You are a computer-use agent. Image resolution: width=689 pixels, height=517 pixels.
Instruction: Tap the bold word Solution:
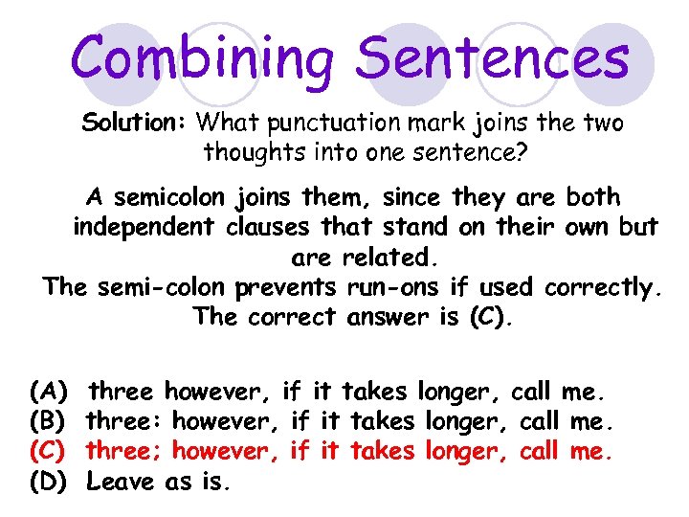coord(134,124)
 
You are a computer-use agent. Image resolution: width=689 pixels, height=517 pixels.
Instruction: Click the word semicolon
coord(168,198)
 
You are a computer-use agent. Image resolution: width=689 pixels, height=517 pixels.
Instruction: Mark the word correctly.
coord(602,287)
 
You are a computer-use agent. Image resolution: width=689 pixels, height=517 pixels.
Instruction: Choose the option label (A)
coord(48,392)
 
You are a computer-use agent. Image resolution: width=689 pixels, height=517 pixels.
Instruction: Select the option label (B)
coord(48,421)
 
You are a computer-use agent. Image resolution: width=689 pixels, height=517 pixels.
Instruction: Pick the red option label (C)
coord(48,451)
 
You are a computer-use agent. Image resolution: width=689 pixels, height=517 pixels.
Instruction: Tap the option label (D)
coord(48,482)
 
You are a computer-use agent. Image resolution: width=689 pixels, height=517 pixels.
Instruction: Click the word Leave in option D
coord(121,482)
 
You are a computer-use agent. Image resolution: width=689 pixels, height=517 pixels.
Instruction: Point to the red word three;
coord(122,451)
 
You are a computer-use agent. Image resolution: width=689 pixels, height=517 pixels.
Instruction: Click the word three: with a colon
coord(122,421)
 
